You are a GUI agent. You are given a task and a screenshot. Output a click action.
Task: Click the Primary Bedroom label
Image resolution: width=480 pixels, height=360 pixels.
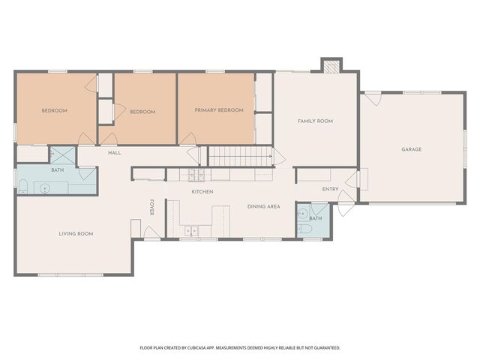point(219,110)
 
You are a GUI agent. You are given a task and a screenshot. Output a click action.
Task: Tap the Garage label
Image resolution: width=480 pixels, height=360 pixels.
point(412,149)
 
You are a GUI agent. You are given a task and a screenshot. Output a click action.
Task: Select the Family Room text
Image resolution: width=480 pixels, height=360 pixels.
point(315,121)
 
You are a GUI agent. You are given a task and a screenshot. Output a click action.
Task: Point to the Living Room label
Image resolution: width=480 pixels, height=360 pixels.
point(76,234)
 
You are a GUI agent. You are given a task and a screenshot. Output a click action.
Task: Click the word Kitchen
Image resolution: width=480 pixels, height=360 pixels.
point(202,192)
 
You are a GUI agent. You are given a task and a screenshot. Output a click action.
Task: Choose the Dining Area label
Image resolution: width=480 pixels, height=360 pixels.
point(263,207)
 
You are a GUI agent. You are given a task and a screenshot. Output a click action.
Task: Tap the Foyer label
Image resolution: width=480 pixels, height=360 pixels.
point(151,207)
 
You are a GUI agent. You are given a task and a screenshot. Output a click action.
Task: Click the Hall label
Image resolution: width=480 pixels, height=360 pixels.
point(115,153)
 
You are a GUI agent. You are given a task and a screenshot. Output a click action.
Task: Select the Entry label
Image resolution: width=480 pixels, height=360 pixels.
point(330,189)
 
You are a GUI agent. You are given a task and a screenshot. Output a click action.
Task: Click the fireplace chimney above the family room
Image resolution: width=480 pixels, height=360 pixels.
point(331,65)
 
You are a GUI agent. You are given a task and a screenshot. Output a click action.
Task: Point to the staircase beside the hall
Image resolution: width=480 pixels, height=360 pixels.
point(241,156)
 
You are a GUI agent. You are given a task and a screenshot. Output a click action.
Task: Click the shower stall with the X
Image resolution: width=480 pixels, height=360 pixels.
point(62,155)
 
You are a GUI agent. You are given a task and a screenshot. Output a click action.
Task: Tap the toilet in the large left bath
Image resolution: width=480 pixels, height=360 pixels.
point(23,187)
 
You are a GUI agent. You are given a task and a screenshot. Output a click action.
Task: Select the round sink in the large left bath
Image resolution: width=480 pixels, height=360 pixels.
point(45,188)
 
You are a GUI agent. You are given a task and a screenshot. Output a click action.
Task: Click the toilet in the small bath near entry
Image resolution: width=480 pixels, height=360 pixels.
point(304,229)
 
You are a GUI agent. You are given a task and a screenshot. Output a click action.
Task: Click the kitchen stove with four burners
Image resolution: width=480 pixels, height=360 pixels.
point(196,175)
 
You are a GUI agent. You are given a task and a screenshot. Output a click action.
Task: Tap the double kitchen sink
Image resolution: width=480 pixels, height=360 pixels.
point(191,230)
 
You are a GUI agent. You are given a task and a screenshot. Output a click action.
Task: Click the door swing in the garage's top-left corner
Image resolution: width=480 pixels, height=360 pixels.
point(373,99)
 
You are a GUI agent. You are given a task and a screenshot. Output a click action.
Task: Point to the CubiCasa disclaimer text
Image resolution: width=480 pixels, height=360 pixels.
point(240,348)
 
